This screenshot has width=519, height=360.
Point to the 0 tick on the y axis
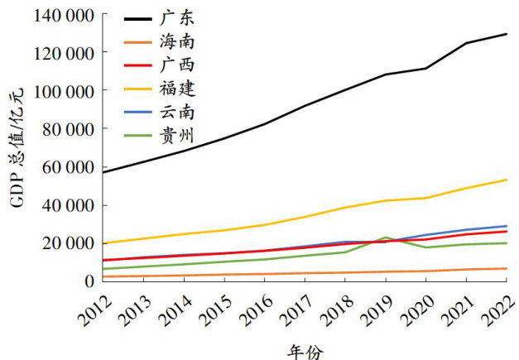click(88, 281)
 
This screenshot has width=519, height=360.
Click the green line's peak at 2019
click(386, 238)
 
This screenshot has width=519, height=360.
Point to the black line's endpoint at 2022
click(507, 34)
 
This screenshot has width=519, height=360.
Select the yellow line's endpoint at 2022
click(507, 180)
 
